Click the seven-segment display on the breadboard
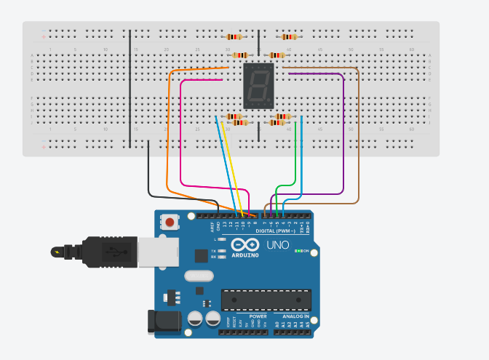pos(258,86)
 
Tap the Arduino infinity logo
pos(244,246)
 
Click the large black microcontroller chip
pos(266,299)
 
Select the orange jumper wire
pos(168,131)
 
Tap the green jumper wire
pos(295,156)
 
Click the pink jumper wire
pos(180,131)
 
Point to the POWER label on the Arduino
pos(258,317)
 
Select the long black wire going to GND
pos(149,171)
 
